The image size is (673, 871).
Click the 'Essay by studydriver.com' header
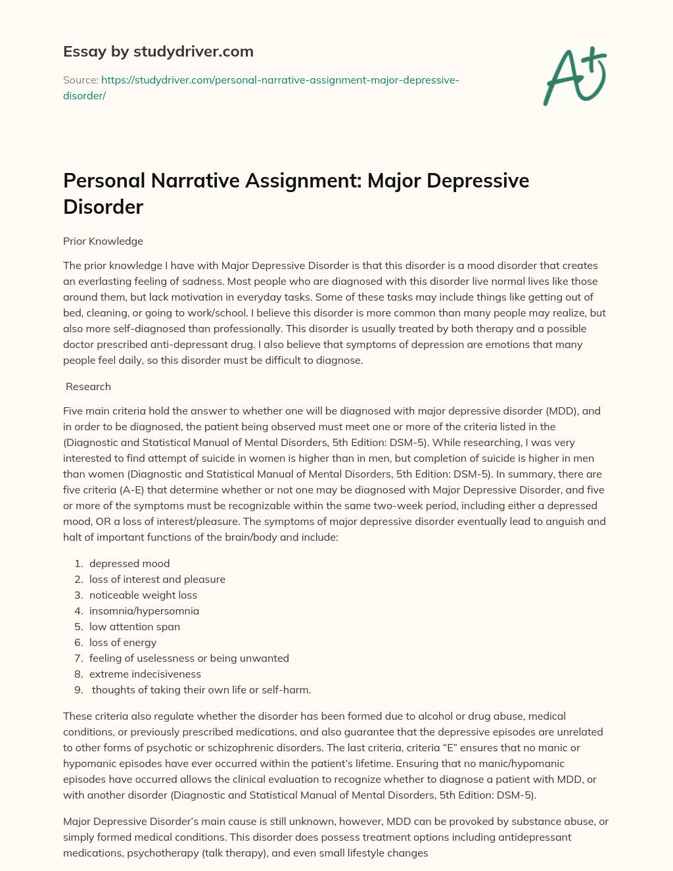pos(158,51)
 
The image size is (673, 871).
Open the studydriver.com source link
pos(279,80)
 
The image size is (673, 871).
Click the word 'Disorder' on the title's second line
pos(103,207)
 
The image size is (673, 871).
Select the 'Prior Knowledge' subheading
pos(103,241)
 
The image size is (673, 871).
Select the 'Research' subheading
pos(88,387)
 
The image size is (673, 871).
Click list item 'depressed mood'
pos(129,564)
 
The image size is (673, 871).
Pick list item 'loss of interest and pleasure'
pos(157,580)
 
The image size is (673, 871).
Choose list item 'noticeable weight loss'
pos(143,595)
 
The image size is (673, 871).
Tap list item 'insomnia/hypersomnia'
pos(144,611)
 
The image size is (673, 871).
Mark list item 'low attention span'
pos(135,627)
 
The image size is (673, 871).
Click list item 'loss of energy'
pos(123,643)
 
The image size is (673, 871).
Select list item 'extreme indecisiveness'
pos(145,674)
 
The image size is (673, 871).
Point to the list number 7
pos(78,659)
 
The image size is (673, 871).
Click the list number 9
pos(78,690)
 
